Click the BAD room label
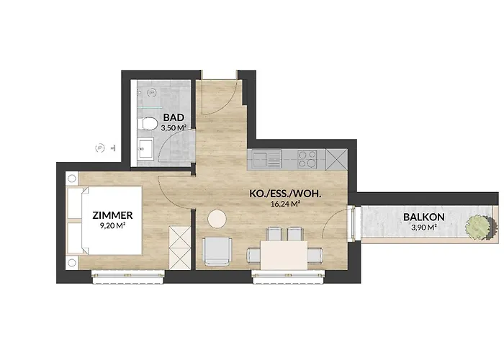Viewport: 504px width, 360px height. [x=174, y=117]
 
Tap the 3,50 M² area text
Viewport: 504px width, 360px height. [x=174, y=127]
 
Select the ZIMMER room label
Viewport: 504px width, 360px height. [x=112, y=215]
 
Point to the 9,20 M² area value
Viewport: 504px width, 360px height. [x=112, y=226]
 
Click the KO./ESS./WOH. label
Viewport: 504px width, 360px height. [x=286, y=194]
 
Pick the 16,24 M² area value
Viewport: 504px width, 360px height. [x=286, y=204]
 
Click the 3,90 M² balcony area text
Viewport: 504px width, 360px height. [x=423, y=228]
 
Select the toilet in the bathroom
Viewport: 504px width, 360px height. [x=147, y=124]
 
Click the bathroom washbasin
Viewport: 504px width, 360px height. [x=146, y=148]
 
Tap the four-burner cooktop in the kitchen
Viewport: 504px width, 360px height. [x=307, y=159]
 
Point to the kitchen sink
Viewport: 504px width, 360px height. [x=266, y=159]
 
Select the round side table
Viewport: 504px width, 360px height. [x=217, y=219]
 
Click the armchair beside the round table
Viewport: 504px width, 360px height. [x=217, y=251]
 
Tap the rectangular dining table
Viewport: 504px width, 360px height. [x=284, y=255]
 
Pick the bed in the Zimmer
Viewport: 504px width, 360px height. [x=104, y=220]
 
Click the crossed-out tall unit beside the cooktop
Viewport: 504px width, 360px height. [x=336, y=159]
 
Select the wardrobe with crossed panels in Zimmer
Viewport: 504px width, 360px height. [x=180, y=248]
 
